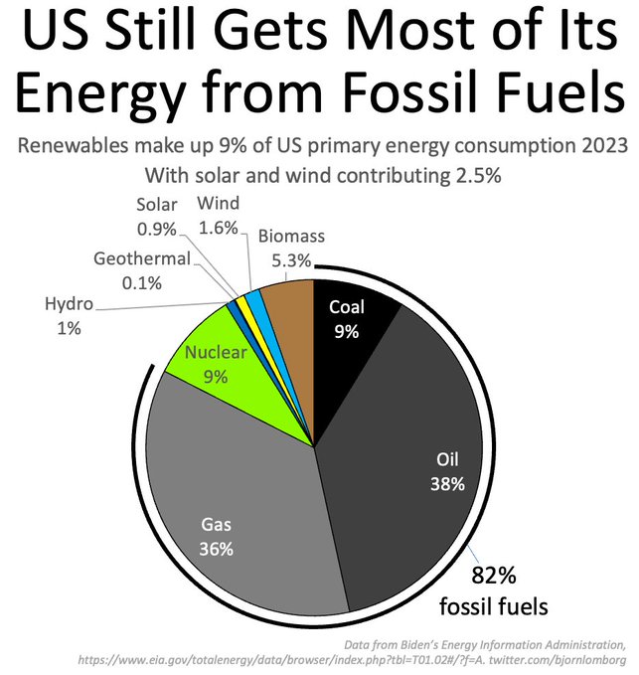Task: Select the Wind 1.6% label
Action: click(x=218, y=216)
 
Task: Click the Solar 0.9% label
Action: click(x=156, y=216)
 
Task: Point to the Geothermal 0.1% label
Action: click(x=142, y=271)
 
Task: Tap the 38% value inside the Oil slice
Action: click(x=448, y=484)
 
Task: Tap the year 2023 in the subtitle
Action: click(x=599, y=147)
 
